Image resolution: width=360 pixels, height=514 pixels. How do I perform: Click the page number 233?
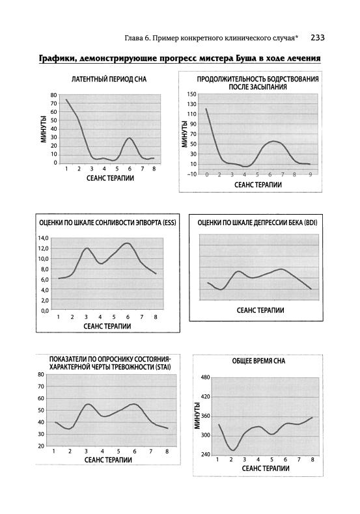click(x=318, y=38)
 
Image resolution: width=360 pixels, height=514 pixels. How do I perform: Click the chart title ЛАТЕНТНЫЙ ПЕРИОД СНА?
click(x=109, y=79)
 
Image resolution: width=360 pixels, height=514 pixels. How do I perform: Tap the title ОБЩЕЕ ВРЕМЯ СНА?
click(x=258, y=361)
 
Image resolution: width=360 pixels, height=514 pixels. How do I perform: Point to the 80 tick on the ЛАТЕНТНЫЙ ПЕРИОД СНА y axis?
click(x=53, y=95)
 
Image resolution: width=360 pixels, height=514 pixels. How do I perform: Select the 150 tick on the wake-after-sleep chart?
click(x=193, y=94)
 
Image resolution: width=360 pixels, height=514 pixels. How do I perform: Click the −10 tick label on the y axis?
click(x=192, y=174)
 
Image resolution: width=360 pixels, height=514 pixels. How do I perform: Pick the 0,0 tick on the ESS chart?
click(x=45, y=310)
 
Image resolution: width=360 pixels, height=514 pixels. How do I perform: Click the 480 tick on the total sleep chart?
click(x=205, y=377)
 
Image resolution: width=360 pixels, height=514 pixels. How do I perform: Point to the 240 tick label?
click(x=205, y=455)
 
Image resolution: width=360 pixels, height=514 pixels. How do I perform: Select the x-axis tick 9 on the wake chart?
click(x=310, y=174)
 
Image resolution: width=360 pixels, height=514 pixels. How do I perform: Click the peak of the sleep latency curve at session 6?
click(x=129, y=138)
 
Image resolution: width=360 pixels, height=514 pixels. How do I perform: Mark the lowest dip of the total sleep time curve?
click(x=232, y=450)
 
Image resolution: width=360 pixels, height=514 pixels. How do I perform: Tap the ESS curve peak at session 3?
click(x=86, y=248)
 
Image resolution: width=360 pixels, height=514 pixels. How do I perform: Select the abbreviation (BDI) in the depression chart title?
click(x=311, y=223)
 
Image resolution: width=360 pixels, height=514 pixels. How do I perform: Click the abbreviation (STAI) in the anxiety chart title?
click(x=164, y=367)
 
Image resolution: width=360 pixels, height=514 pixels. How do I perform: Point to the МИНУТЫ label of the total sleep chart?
click(x=197, y=415)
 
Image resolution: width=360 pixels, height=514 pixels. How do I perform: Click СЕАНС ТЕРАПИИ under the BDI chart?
click(x=260, y=310)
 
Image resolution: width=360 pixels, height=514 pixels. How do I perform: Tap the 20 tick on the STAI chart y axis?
click(x=41, y=446)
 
